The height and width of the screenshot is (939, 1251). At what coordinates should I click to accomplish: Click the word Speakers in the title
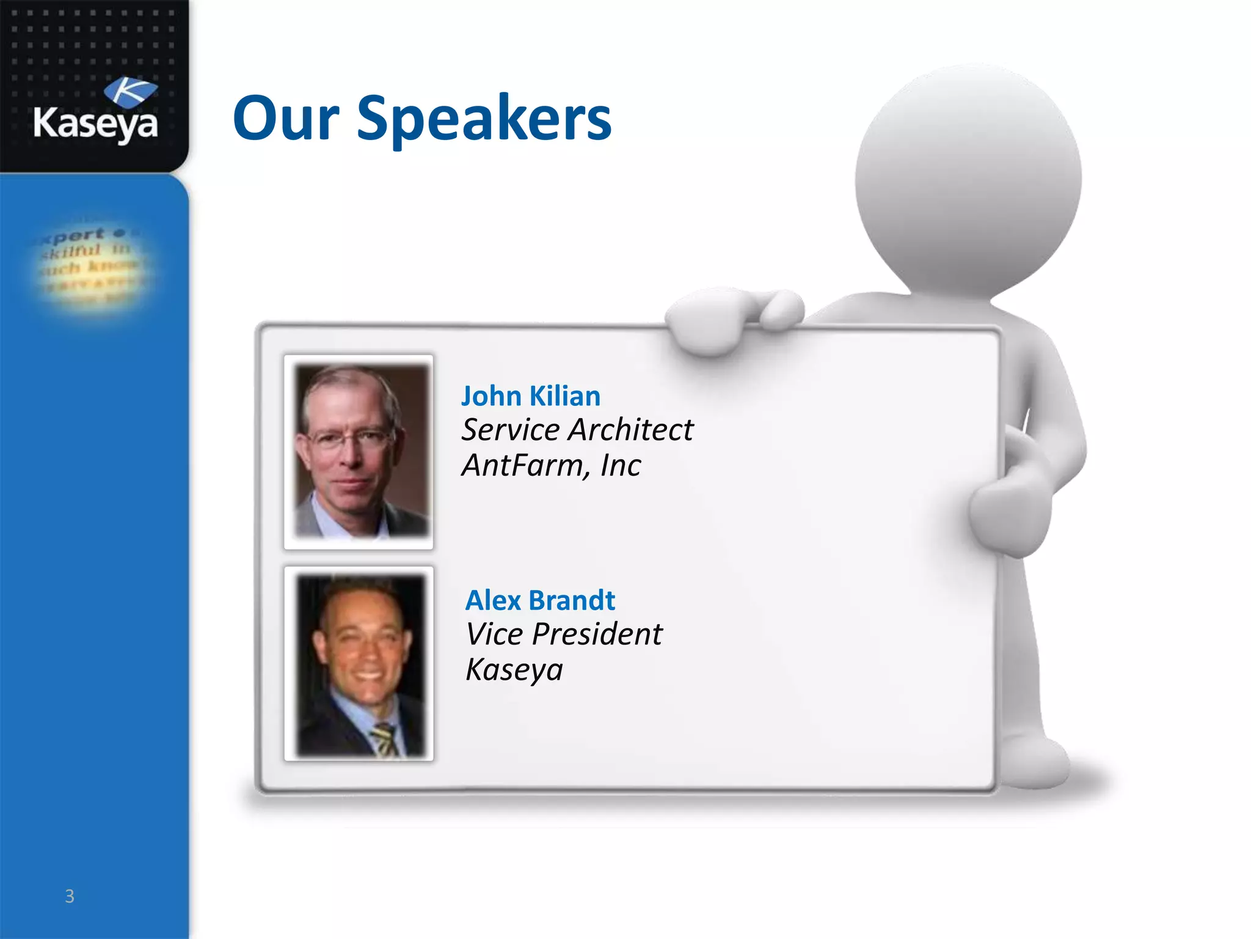(484, 119)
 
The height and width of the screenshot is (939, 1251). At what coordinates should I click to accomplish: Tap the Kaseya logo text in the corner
(95, 124)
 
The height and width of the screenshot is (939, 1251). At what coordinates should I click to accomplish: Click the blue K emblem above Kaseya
(130, 91)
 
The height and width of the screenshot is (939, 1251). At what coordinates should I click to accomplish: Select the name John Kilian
(531, 396)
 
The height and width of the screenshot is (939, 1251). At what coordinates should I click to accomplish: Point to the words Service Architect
(577, 430)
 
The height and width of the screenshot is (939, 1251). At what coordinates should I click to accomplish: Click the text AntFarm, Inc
(551, 465)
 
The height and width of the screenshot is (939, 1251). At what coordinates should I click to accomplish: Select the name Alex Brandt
(540, 600)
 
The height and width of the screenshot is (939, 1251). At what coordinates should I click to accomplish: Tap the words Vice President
(564, 634)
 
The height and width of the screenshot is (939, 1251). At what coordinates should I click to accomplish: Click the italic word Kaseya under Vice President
(514, 669)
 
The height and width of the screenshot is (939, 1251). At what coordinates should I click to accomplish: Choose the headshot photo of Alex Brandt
(359, 664)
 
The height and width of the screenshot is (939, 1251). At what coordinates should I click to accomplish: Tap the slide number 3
(70, 896)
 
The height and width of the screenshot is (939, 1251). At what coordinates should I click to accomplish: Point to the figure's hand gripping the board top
(733, 318)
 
